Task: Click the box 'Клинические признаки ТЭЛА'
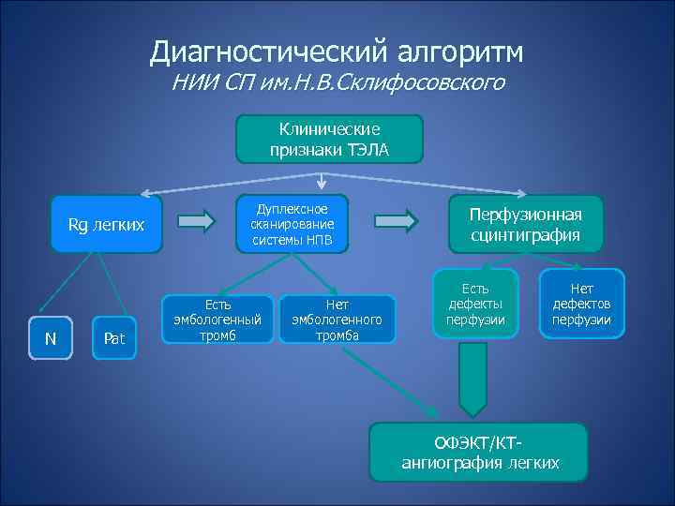(328, 138)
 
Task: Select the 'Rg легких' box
(107, 224)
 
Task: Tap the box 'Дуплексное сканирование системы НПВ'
(292, 225)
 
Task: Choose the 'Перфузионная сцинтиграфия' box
(526, 224)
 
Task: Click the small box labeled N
(51, 338)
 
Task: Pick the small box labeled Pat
(114, 338)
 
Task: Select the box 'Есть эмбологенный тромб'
(217, 320)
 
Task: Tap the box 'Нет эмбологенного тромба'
(337, 320)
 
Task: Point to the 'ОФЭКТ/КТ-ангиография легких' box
(479, 453)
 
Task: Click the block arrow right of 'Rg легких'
(196, 222)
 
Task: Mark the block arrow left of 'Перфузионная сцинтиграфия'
(399, 222)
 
